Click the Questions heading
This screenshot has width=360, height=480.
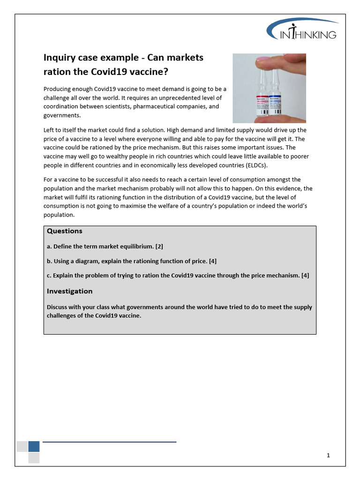tap(64, 231)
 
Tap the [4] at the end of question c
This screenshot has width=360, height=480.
tap(305, 275)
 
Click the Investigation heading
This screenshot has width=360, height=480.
tap(69, 291)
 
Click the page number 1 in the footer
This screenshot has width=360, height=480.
tap(329, 455)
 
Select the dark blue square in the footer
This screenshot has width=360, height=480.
tap(34, 446)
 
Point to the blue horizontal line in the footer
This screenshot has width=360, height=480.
tap(109, 442)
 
